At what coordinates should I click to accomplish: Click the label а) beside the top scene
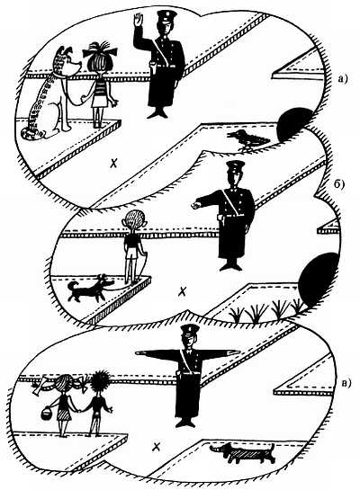[342, 80]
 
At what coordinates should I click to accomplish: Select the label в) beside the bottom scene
[346, 382]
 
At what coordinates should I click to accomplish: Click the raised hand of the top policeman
[139, 21]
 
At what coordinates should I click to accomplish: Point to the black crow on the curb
[247, 139]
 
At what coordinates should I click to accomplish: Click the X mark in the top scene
[115, 163]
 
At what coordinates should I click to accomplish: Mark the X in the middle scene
[182, 292]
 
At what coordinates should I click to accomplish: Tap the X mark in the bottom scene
[157, 447]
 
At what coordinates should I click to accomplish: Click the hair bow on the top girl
[100, 51]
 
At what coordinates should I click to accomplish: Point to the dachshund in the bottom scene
[243, 453]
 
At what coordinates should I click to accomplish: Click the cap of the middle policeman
[236, 165]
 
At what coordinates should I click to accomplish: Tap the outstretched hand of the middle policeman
[196, 205]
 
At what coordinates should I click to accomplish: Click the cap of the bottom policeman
[190, 329]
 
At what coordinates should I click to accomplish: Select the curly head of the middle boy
[135, 220]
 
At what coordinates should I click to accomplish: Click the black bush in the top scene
[293, 124]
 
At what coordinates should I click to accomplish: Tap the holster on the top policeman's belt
[153, 67]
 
